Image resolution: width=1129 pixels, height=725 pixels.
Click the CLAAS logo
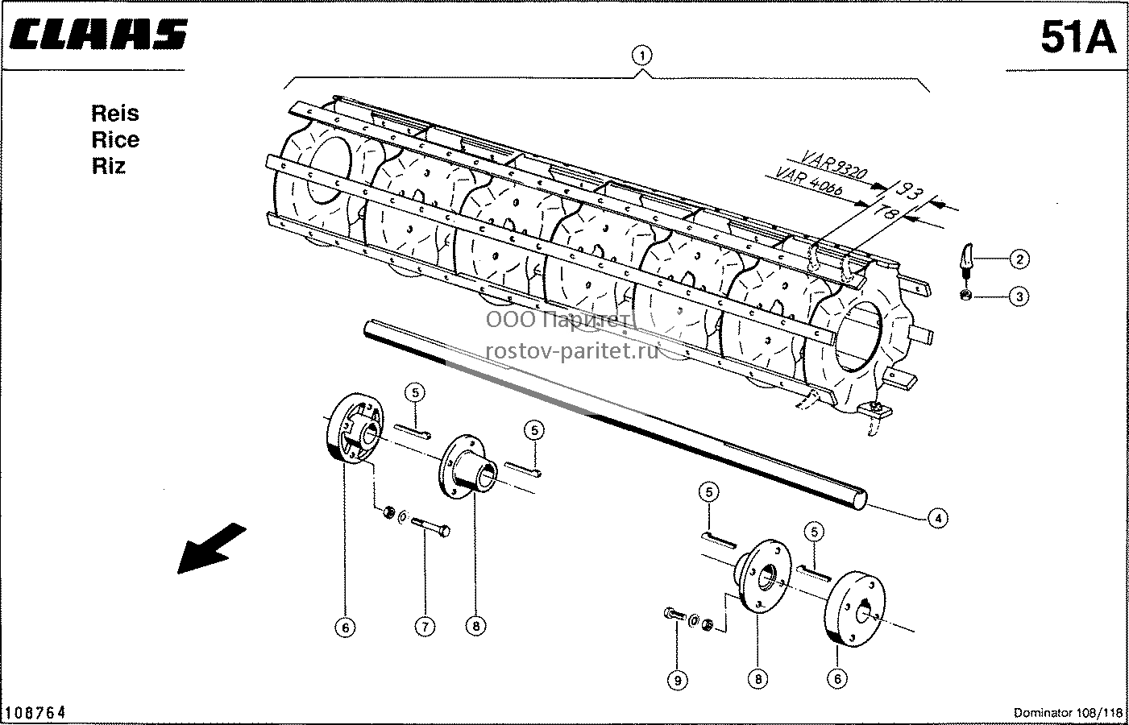[98, 35]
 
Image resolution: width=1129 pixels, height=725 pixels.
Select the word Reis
[115, 114]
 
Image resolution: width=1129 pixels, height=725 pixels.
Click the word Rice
[115, 139]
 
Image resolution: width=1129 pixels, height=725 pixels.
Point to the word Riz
[108, 166]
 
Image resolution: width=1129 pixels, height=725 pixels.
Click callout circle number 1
[641, 56]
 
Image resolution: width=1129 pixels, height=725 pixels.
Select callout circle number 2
[1019, 259]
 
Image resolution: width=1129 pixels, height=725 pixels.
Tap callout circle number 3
[1019, 296]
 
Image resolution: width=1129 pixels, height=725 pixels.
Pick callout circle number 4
[937, 518]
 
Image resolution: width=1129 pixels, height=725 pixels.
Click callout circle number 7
[425, 627]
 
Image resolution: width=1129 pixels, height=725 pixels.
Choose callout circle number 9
[678, 681]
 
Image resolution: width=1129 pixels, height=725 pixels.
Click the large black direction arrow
[212, 548]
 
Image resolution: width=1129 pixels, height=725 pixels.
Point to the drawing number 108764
[35, 712]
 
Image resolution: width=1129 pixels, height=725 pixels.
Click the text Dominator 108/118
[1068, 713]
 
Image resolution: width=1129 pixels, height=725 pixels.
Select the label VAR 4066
[807, 180]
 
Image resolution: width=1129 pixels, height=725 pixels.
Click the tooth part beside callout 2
[966, 260]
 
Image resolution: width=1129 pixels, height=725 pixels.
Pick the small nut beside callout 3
[966, 296]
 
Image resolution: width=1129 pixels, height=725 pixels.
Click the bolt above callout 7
[431, 527]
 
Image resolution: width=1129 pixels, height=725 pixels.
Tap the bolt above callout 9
[674, 615]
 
